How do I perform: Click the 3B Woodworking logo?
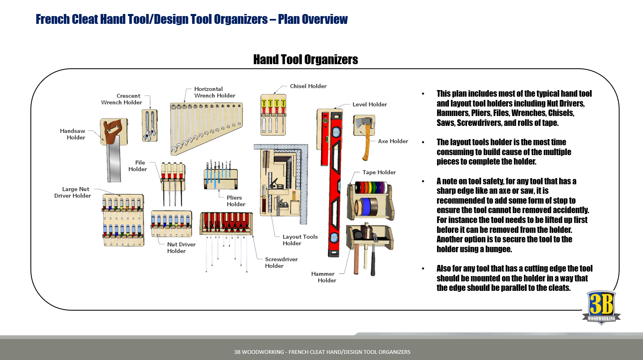tap(601, 307)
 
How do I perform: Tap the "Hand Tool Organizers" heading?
tap(305, 60)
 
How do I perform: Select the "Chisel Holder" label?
tap(308, 86)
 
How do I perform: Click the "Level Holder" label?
tap(370, 105)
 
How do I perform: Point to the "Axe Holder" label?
tap(393, 141)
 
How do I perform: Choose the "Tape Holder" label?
tap(379, 172)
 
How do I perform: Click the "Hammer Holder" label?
tap(324, 277)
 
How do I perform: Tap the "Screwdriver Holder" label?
tap(281, 262)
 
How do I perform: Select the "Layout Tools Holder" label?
tap(300, 240)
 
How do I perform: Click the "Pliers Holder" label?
tap(236, 201)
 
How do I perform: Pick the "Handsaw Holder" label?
tap(73, 134)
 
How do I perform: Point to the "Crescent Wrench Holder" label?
tap(122, 99)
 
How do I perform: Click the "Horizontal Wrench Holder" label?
tap(214, 92)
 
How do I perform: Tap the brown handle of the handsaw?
tap(111, 132)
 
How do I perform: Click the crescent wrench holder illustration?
tap(149, 125)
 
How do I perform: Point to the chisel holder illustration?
tap(273, 115)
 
